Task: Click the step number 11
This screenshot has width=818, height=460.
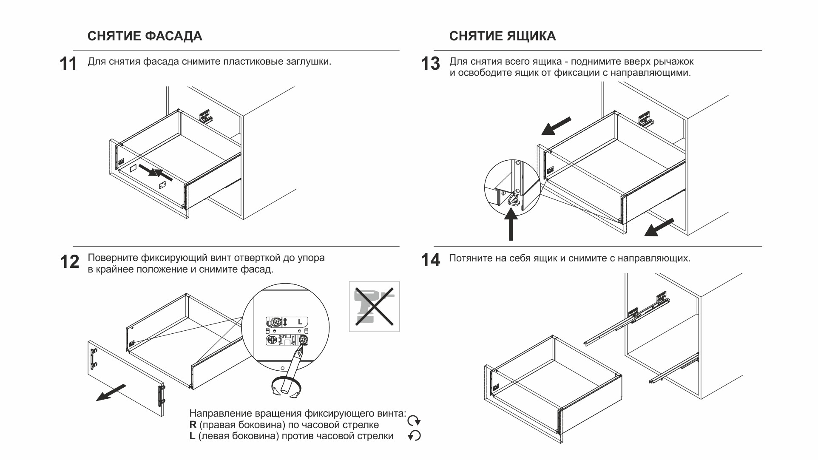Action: click(68, 64)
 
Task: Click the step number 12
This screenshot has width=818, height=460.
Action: click(69, 262)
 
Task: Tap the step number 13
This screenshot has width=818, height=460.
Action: click(430, 64)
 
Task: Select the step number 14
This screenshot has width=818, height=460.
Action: click(430, 260)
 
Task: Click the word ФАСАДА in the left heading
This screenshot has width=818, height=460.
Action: click(173, 36)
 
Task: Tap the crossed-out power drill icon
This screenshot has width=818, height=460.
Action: click(374, 306)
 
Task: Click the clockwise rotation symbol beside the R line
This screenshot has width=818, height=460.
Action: click(414, 421)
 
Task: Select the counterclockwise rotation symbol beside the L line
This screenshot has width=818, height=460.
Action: click(414, 436)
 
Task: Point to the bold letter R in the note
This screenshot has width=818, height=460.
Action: click(193, 425)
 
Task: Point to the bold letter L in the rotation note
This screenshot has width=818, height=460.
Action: click(192, 436)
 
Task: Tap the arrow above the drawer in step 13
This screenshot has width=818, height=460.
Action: click(556, 126)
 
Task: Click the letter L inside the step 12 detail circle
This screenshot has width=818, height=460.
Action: click(300, 322)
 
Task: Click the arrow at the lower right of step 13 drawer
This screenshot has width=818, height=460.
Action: click(659, 227)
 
